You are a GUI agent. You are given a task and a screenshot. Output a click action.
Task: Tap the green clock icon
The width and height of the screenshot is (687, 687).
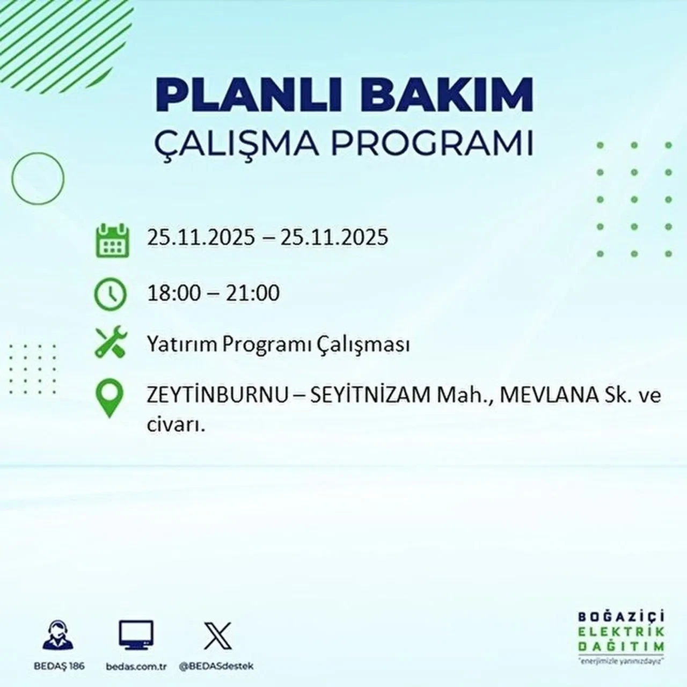110,295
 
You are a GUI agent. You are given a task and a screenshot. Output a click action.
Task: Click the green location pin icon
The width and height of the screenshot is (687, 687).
109,398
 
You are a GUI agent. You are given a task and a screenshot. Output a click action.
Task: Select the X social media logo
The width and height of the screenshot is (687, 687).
217,636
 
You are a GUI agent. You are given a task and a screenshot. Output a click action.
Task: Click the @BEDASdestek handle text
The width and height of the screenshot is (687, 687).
216,666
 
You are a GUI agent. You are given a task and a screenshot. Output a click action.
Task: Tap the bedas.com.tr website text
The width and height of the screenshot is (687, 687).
137,666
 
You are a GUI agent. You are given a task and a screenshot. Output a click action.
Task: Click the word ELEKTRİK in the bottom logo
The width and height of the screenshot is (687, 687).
622,631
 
